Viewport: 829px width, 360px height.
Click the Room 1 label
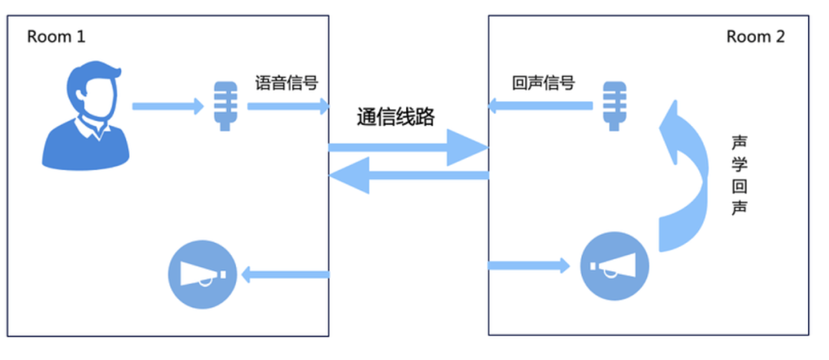pyautogui.click(x=56, y=37)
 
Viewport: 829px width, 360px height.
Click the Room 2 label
pyautogui.click(x=755, y=37)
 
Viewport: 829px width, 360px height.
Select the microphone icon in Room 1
pyautogui.click(x=224, y=105)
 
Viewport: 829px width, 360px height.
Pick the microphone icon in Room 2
pyautogui.click(x=613, y=105)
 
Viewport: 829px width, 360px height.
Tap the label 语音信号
pyautogui.click(x=286, y=83)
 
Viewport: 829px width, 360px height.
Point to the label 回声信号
pyautogui.click(x=543, y=83)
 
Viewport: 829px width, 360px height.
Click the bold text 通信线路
pyautogui.click(x=396, y=117)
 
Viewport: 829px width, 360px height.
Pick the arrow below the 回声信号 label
pyautogui.click(x=541, y=105)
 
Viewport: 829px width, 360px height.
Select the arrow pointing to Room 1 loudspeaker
pyautogui.click(x=285, y=273)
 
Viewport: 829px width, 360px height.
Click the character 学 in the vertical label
pyautogui.click(x=738, y=165)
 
